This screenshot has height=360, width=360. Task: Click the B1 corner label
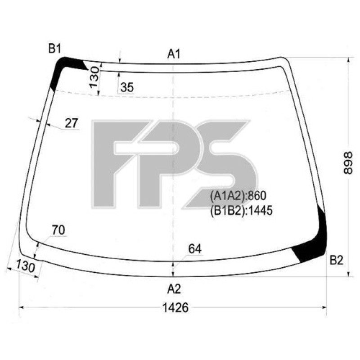(55, 49)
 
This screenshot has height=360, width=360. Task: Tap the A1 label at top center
(174, 54)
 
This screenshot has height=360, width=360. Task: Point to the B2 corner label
(337, 260)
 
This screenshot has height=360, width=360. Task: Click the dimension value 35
(127, 88)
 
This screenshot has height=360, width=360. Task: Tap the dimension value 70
(58, 230)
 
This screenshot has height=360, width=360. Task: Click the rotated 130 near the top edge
(94, 77)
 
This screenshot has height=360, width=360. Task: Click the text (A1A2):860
(238, 195)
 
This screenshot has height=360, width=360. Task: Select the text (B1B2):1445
(241, 210)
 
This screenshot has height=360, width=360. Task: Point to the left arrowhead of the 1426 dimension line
(21, 307)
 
